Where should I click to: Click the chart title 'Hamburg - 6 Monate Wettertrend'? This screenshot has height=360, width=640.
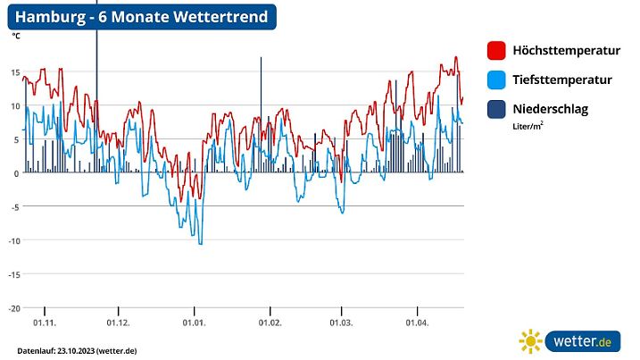coord(142,18)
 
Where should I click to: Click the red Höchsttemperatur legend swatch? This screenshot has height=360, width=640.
coord(497,51)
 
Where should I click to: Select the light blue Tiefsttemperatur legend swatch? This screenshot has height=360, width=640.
coord(497,80)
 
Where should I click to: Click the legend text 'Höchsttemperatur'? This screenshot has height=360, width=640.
coord(567,51)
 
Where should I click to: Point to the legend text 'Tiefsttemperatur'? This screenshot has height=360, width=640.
coord(562,80)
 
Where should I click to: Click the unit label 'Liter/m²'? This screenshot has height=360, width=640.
coord(528,127)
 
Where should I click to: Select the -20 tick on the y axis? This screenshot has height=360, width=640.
coord(14,308)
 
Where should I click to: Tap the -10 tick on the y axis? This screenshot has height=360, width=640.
coord(14,240)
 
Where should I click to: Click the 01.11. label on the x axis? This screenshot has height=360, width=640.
coord(44,322)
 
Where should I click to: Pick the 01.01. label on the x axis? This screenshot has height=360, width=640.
coord(194,322)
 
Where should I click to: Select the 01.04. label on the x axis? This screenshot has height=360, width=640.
coord(417,322)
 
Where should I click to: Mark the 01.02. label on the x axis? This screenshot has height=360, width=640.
coord(270,322)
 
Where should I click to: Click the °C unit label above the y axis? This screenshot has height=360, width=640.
coord(16,38)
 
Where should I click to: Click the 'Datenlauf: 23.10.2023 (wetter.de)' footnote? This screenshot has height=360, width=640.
coord(77,350)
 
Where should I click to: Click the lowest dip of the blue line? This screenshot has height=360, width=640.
coord(201,243)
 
